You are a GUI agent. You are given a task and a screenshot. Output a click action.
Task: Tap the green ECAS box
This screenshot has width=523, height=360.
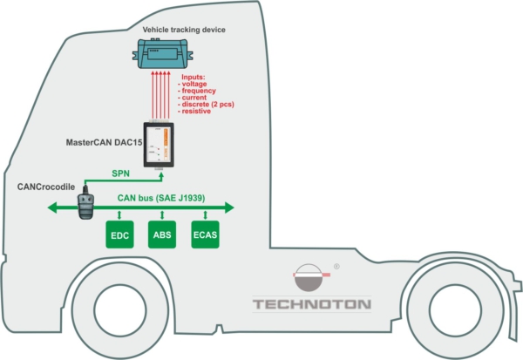205,235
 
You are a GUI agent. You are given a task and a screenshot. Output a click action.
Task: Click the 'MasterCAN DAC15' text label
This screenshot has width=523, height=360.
104,141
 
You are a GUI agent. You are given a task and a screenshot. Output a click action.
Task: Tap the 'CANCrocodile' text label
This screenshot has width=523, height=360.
51,185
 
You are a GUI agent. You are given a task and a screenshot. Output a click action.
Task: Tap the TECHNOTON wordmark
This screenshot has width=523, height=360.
311,305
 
